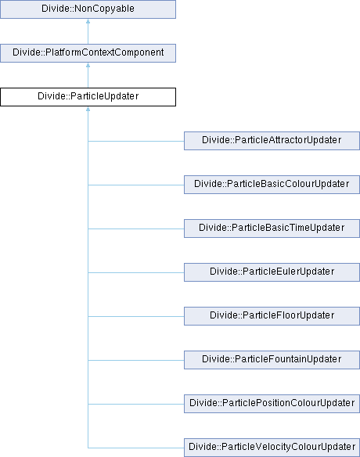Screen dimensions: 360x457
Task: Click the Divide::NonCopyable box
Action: [x=88, y=9]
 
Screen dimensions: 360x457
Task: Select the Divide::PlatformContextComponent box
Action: [x=88, y=53]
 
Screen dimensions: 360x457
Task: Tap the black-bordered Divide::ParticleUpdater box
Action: [x=88, y=97]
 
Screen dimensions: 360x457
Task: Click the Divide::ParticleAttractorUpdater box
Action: [x=272, y=141]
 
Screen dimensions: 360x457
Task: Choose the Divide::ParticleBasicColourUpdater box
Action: [x=272, y=185]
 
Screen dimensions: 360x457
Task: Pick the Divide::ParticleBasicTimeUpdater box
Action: [x=272, y=228]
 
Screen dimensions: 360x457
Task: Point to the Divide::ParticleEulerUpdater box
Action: [x=272, y=272]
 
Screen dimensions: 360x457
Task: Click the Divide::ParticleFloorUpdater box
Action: [x=272, y=316]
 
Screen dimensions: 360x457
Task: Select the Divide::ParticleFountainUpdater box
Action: [x=272, y=360]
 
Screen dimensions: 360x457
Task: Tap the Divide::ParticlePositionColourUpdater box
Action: [x=272, y=404]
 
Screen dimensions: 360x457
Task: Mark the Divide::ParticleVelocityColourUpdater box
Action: [x=272, y=448]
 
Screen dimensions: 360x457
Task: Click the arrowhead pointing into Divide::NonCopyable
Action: [x=88, y=21]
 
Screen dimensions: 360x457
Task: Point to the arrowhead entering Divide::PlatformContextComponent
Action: [x=88, y=65]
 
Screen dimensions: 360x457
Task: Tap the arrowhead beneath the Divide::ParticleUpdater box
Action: [x=88, y=109]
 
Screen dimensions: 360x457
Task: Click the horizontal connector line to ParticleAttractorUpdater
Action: [x=136, y=142]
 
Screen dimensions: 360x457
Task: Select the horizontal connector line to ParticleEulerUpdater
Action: [x=136, y=273]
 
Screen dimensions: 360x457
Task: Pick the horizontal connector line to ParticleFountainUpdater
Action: [x=136, y=360]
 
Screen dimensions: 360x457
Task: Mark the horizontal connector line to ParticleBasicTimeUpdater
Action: [x=136, y=228]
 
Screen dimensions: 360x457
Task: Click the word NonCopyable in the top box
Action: [x=104, y=9]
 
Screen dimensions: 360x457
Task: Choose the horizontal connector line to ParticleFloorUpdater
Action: [x=136, y=316]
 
